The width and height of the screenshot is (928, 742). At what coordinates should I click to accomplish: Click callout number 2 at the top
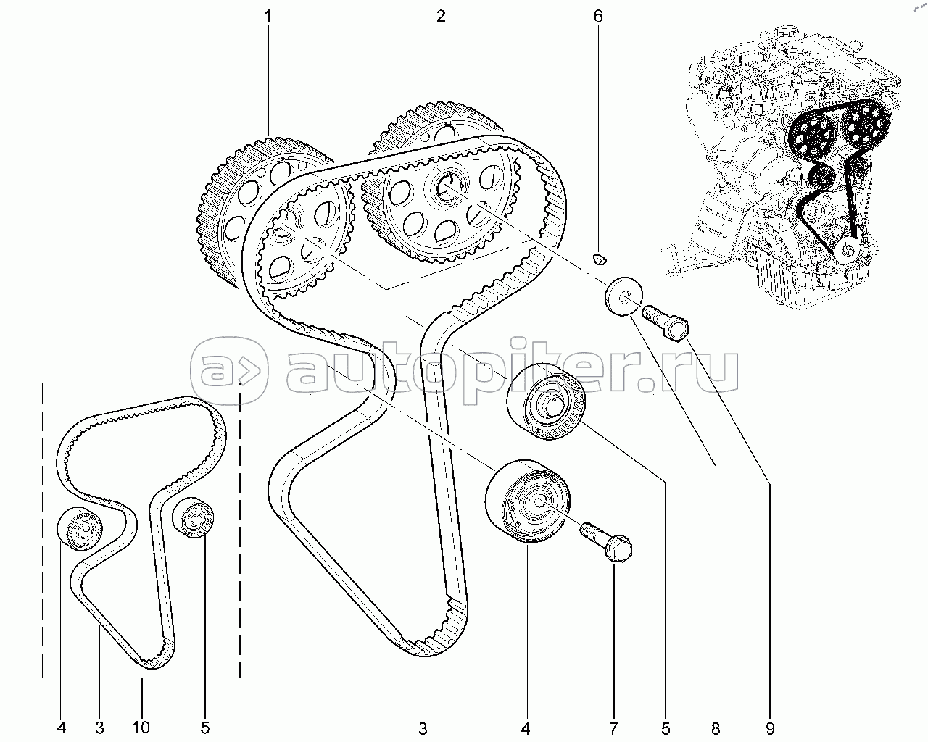pyautogui.click(x=440, y=17)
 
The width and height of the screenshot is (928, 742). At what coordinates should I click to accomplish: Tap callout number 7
pyautogui.click(x=613, y=727)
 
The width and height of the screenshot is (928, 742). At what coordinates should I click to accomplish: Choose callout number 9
pyautogui.click(x=768, y=727)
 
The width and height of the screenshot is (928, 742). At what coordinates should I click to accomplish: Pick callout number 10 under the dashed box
pyautogui.click(x=141, y=727)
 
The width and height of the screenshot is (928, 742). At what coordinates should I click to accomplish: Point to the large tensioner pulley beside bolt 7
pyautogui.click(x=528, y=500)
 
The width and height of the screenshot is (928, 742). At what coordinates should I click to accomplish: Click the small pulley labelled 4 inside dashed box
pyautogui.click(x=79, y=529)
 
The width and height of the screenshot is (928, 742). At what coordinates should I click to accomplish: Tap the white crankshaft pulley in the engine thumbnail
pyautogui.click(x=846, y=250)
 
